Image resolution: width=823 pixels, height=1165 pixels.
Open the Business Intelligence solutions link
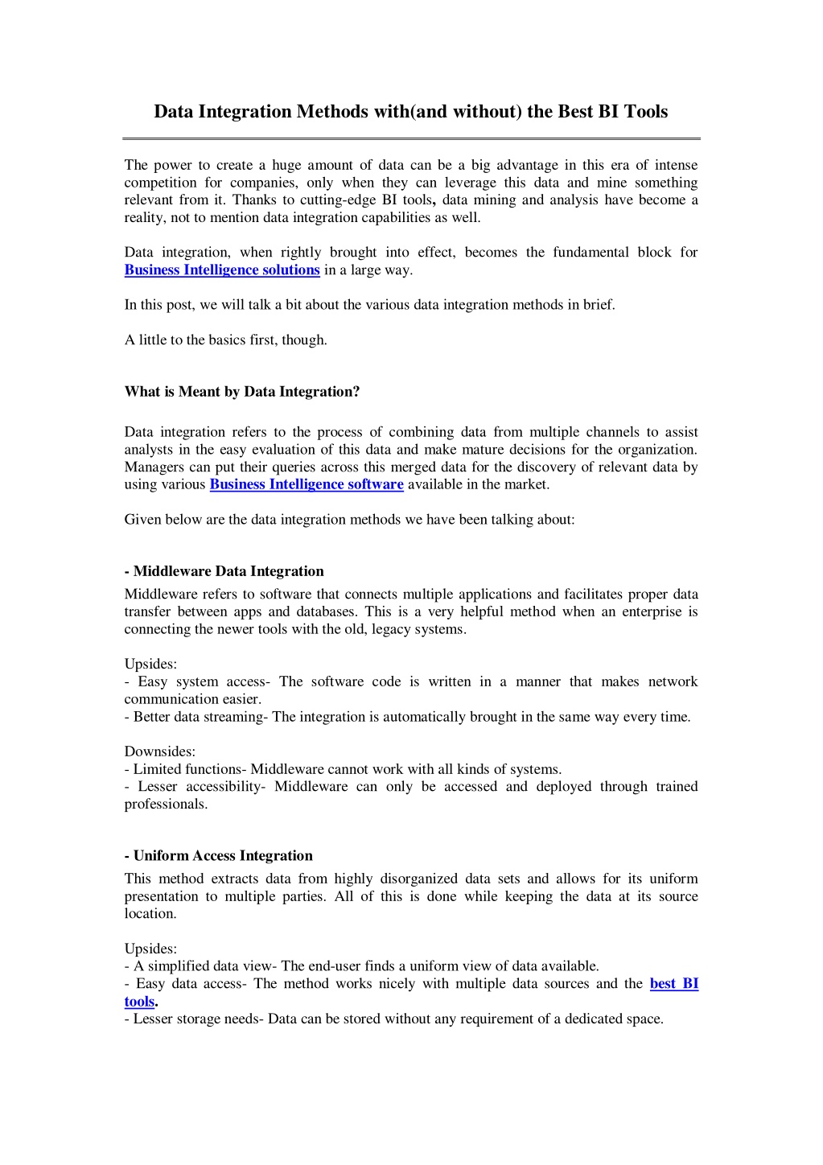222,270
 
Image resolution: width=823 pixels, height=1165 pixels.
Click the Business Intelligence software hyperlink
307,484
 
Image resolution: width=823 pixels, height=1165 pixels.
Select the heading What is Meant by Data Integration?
242,392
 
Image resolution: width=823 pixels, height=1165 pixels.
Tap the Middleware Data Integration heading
224,571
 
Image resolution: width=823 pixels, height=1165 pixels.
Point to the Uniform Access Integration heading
219,856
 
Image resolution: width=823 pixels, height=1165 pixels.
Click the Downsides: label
160,751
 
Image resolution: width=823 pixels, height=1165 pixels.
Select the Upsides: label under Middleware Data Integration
150,664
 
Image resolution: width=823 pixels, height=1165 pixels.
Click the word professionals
166,804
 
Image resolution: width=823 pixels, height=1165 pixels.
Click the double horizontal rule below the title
411,138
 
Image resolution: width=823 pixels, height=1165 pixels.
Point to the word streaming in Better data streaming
232,717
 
